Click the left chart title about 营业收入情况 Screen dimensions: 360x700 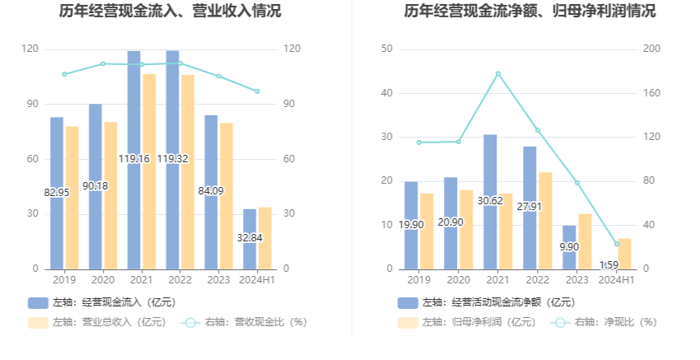click(x=170, y=12)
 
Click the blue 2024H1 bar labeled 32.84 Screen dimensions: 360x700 click(x=250, y=239)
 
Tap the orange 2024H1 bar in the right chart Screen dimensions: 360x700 click(x=624, y=254)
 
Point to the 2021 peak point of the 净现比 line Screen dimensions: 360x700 click(x=498, y=73)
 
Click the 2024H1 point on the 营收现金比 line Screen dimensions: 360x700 click(x=257, y=91)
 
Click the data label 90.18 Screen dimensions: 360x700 click(x=96, y=186)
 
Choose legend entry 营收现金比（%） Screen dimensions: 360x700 click(x=244, y=322)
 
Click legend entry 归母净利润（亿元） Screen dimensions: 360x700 click(x=468, y=322)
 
